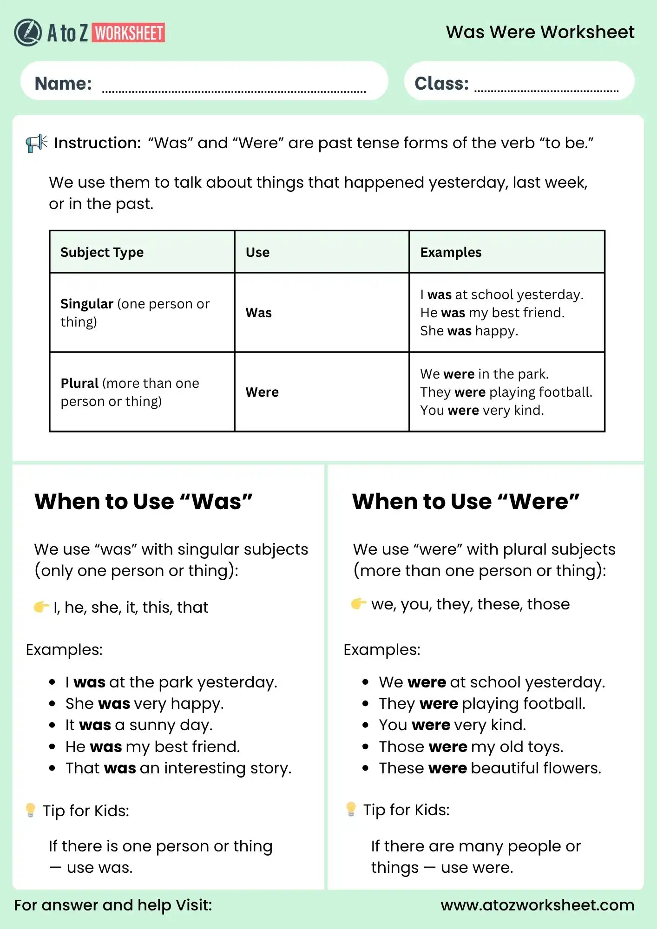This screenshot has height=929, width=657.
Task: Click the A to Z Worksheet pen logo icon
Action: point(28,33)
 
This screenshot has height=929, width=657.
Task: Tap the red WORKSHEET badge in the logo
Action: point(129,33)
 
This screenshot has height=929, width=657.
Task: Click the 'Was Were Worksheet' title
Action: point(540,32)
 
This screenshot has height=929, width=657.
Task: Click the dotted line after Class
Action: point(546,91)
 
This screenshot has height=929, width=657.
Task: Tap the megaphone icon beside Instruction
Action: point(36,143)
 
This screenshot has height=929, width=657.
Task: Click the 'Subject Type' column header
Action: point(102,252)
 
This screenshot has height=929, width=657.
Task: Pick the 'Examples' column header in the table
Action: point(451,252)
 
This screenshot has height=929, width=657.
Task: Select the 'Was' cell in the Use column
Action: point(258,313)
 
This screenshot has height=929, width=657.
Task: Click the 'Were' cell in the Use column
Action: point(262,392)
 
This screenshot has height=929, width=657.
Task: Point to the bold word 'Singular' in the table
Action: point(87,304)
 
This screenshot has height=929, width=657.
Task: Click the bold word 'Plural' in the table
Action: point(79,383)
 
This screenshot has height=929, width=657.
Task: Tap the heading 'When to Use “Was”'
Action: point(144,502)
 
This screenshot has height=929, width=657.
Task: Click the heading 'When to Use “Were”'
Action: point(466,502)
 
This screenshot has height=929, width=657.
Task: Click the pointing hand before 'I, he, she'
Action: point(41,607)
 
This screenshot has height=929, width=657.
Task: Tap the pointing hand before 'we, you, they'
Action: point(358,603)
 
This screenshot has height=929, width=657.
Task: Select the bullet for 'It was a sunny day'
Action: point(53,726)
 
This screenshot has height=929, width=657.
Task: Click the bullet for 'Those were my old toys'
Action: point(366,747)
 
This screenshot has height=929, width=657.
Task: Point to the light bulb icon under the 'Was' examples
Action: point(31,810)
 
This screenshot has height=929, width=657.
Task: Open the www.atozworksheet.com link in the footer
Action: point(537,905)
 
